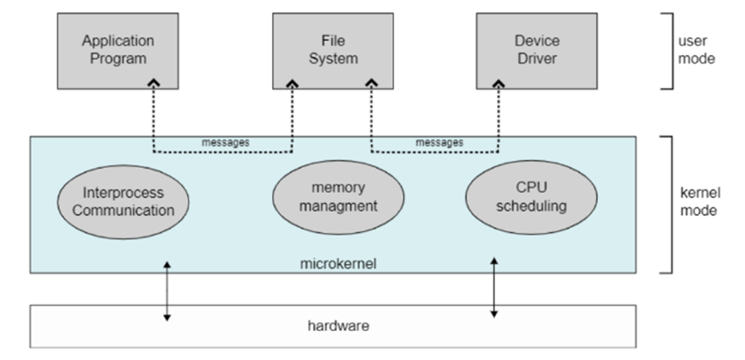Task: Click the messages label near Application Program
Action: (225, 142)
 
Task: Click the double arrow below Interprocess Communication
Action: (167, 290)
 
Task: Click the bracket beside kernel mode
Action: (669, 204)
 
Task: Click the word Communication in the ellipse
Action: (123, 210)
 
